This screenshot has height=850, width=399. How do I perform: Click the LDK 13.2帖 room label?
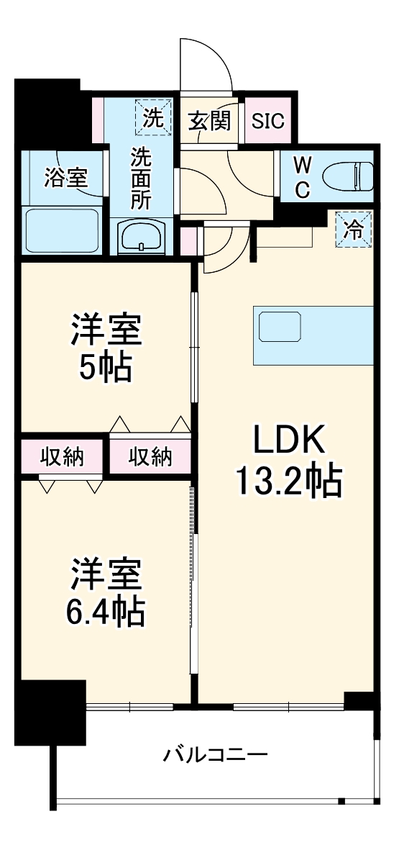(x=287, y=460)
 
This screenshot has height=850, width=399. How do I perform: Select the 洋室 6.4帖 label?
(x=106, y=592)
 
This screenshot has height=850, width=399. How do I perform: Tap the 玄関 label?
(x=210, y=120)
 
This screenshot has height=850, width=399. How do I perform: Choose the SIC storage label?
(x=267, y=121)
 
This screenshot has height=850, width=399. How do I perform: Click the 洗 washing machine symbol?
(x=153, y=117)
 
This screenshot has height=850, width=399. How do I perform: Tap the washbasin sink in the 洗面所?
(x=142, y=235)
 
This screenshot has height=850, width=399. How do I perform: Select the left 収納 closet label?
(x=62, y=456)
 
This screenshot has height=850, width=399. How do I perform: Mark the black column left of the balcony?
(x=49, y=712)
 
